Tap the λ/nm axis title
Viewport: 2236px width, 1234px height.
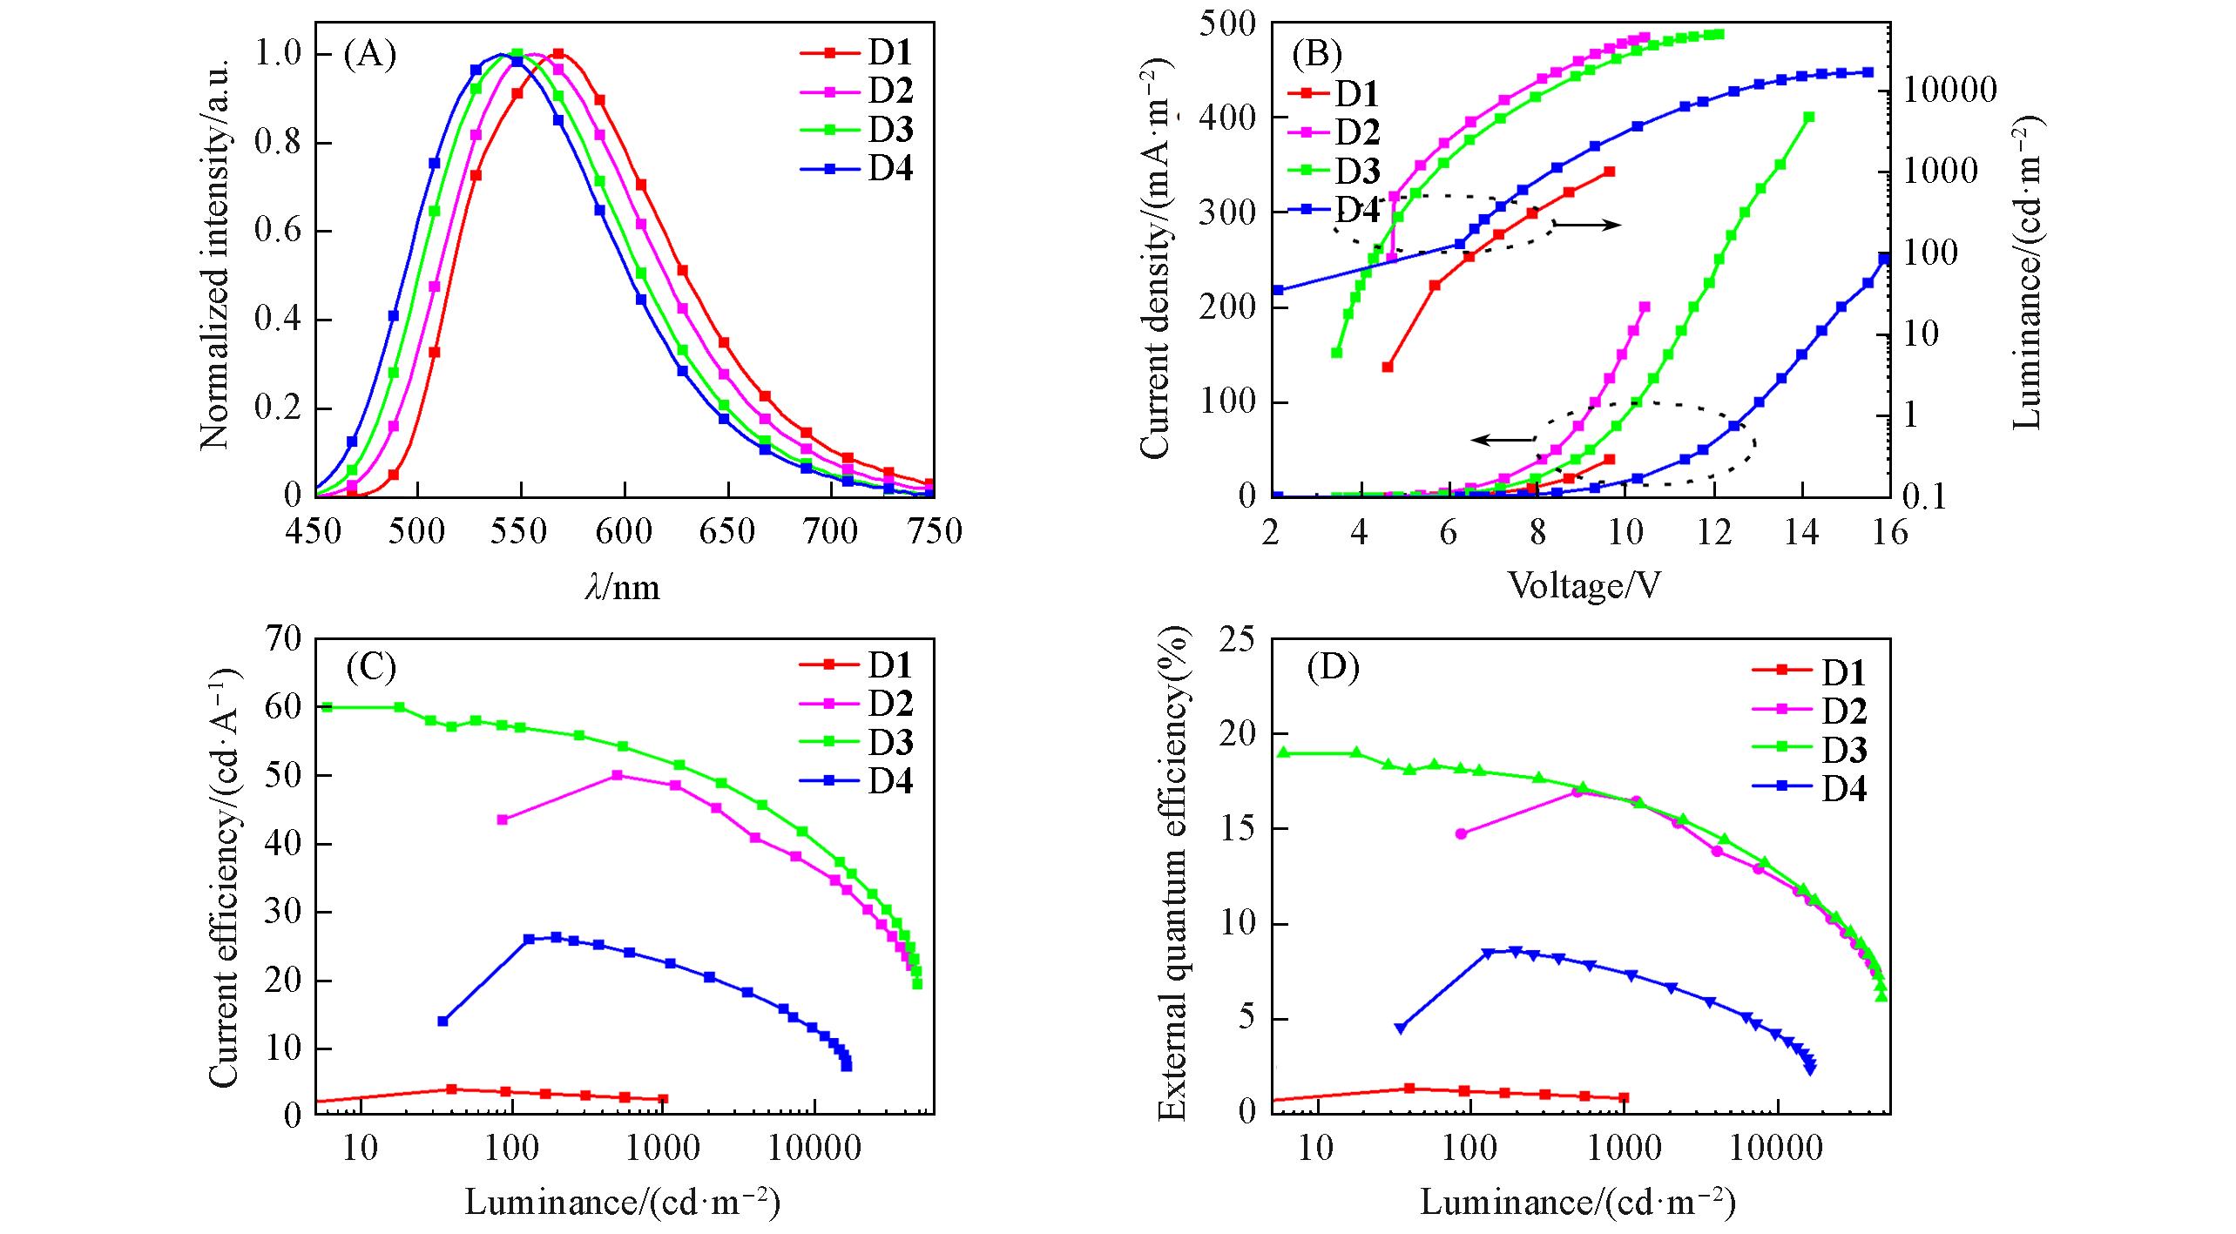coord(622,588)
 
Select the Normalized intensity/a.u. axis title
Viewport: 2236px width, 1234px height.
coord(214,253)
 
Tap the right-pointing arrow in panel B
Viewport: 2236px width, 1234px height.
coord(1586,226)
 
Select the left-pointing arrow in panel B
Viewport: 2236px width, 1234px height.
coord(1503,440)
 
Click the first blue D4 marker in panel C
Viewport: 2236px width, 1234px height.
coord(442,1022)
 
